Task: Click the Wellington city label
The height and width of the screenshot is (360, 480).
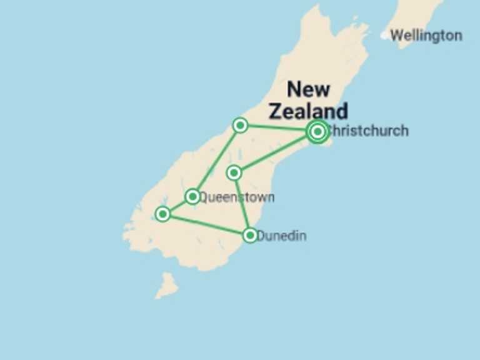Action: pos(426,36)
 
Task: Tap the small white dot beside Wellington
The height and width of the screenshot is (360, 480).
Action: pos(384,36)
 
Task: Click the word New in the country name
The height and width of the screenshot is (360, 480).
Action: pos(308,89)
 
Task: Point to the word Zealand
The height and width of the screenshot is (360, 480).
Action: pos(308,111)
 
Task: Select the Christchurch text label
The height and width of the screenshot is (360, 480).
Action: pos(369,131)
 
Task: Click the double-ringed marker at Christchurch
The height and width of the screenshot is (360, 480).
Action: pos(317,131)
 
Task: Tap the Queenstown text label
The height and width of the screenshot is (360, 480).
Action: pos(237,197)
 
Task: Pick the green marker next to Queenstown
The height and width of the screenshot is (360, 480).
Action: pos(192,197)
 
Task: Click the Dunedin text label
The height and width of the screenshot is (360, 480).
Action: pos(282,236)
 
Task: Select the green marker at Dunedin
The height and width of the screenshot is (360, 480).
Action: pos(250,235)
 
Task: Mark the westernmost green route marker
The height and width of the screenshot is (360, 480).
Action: pos(162,214)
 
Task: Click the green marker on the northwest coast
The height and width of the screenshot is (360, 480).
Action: pos(240,126)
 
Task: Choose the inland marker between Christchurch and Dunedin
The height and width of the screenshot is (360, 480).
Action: pos(234,172)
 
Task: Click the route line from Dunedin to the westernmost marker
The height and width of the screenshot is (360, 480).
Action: pos(206,225)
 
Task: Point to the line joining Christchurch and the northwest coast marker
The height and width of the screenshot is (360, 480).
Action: pos(279,129)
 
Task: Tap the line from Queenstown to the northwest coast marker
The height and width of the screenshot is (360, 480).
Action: pos(216,161)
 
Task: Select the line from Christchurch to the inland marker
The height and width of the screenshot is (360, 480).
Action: pos(276,152)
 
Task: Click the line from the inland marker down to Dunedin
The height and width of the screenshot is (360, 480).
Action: pos(242,204)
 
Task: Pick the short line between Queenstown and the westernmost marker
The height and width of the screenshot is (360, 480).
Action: pos(177,206)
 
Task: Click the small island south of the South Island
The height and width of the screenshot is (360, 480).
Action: pos(166,285)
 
